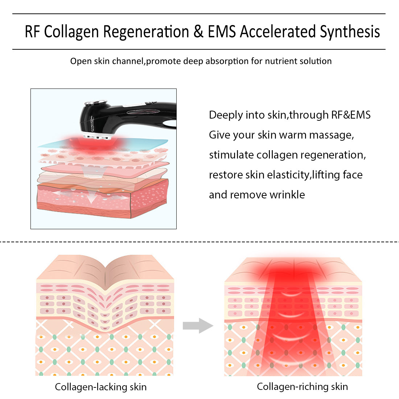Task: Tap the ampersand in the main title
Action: pos(198,32)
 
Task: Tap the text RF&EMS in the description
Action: pos(351,115)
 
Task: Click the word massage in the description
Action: pos(336,135)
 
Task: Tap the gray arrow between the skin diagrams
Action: pos(197,325)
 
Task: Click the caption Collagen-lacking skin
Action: pos(101,387)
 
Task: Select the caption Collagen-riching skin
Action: pos(302,387)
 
